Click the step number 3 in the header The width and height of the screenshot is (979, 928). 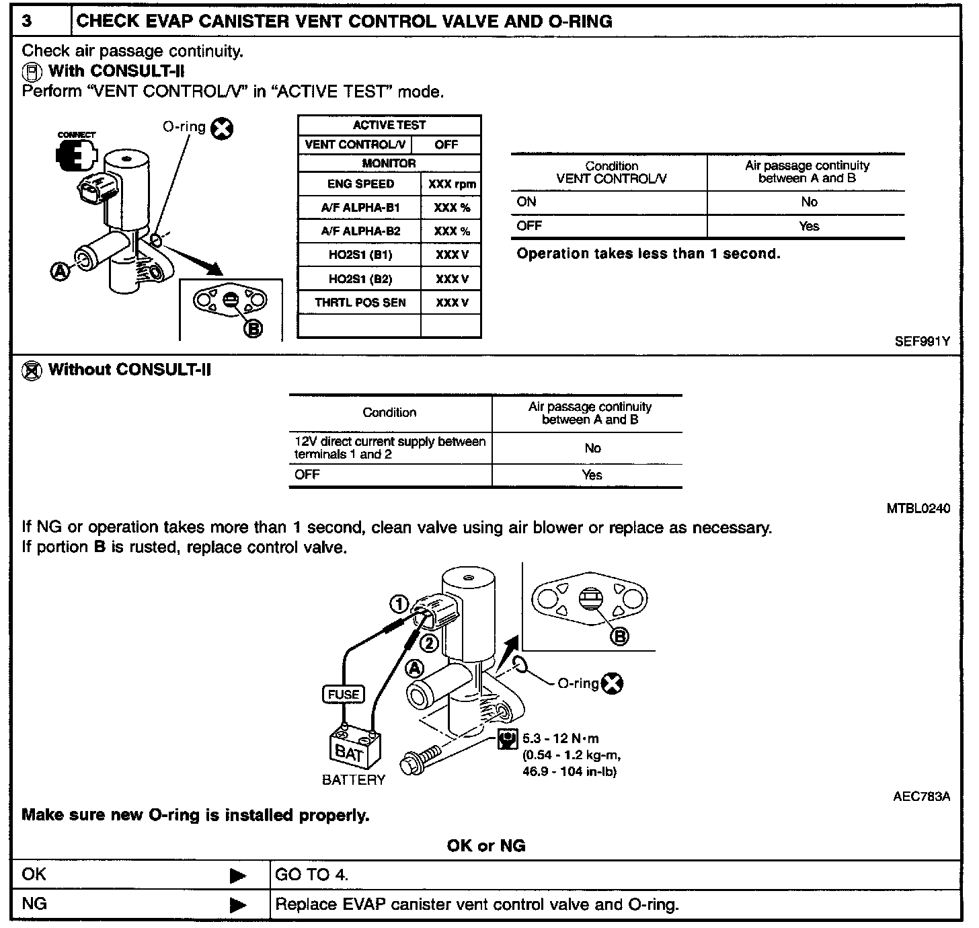pyautogui.click(x=27, y=21)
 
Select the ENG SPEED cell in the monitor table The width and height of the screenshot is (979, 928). pyautogui.click(x=360, y=184)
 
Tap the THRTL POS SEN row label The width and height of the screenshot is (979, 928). pyautogui.click(x=360, y=303)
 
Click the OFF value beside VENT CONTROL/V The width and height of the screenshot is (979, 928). pyautogui.click(x=446, y=145)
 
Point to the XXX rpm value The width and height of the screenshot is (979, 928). pyautogui.click(x=451, y=184)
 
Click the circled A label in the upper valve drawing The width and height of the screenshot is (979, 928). pyautogui.click(x=61, y=271)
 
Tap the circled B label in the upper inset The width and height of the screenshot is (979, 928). pyautogui.click(x=253, y=328)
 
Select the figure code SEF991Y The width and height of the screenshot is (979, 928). pyautogui.click(x=922, y=342)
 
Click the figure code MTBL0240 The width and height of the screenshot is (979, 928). pyautogui.click(x=918, y=509)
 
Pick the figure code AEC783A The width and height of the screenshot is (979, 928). pyautogui.click(x=921, y=797)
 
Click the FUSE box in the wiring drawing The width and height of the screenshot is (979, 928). pyautogui.click(x=344, y=695)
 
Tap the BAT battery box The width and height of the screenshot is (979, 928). pyautogui.click(x=354, y=749)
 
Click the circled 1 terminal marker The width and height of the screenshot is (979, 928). pyautogui.click(x=400, y=605)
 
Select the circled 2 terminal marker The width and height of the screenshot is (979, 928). pyautogui.click(x=429, y=644)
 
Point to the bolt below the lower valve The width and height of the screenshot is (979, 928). pyautogui.click(x=420, y=759)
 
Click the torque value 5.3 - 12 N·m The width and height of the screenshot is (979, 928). pyautogui.click(x=560, y=739)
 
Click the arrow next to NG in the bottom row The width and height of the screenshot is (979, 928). pyautogui.click(x=238, y=905)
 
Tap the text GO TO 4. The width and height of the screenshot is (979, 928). pyautogui.click(x=312, y=875)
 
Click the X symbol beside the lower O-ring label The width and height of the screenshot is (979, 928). pyautogui.click(x=612, y=683)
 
